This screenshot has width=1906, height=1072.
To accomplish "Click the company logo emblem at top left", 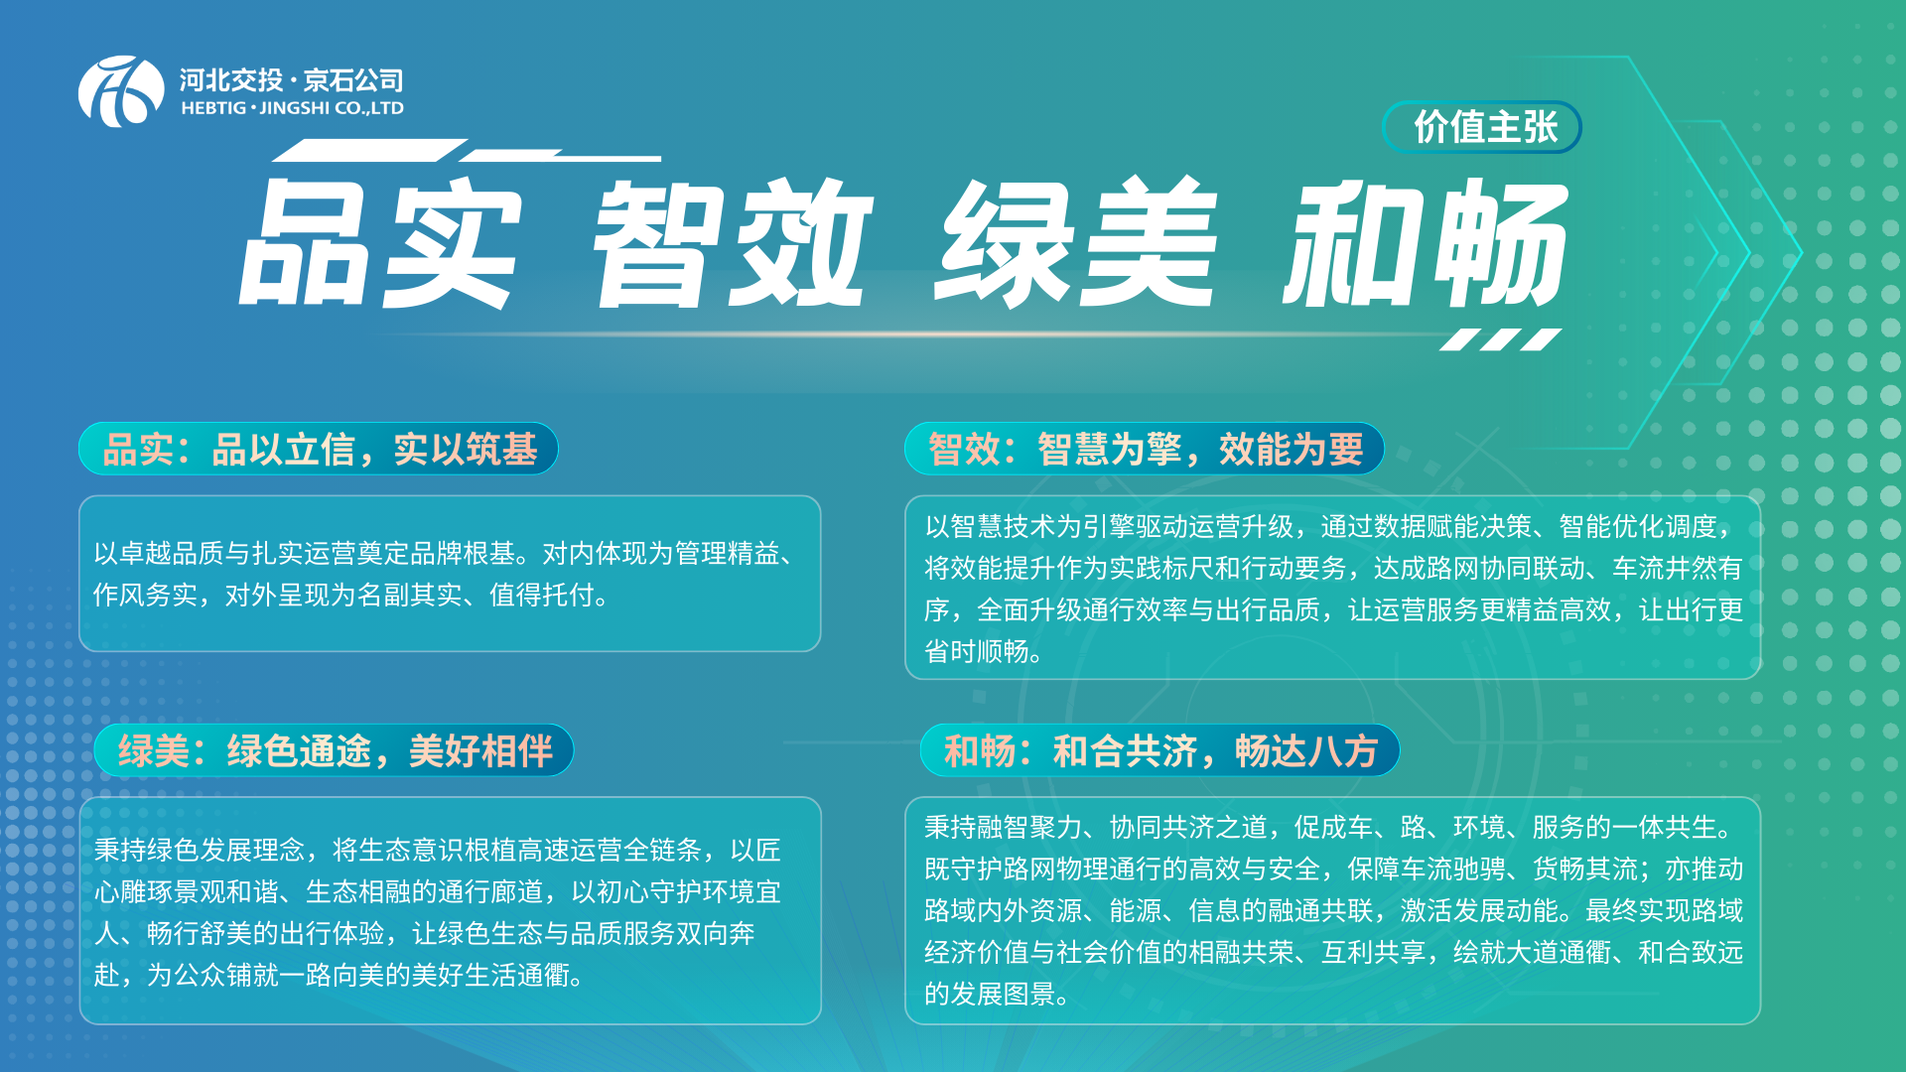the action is pos(121,91).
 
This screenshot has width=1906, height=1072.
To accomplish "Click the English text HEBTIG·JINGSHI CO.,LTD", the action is pos(292,108).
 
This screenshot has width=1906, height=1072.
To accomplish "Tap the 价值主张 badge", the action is pos(1482,127).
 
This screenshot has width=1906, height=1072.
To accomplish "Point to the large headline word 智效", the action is pos(733,243).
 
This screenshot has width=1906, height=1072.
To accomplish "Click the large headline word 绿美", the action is pos(1076,243).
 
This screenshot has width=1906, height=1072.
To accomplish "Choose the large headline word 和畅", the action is pos(1426,243).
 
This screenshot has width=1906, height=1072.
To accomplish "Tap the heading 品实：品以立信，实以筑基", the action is pos(320,450).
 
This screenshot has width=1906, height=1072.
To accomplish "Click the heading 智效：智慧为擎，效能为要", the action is pos(1146,450).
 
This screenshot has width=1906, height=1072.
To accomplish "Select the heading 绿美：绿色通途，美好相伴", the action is pos(336,750).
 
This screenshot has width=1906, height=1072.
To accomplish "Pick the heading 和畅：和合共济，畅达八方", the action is pos(1160,750).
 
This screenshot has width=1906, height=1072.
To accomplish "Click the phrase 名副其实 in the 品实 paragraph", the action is pos(410,595).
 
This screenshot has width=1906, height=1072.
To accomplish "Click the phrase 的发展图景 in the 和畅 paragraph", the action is pos(990,994).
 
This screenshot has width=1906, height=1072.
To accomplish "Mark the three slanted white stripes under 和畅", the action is pos(1501,339).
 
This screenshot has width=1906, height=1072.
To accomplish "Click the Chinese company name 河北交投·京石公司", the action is pos(292,79).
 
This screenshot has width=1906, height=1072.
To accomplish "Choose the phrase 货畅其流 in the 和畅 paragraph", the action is pos(1585,869).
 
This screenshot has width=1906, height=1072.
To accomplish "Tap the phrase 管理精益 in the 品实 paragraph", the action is pos(728,553).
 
